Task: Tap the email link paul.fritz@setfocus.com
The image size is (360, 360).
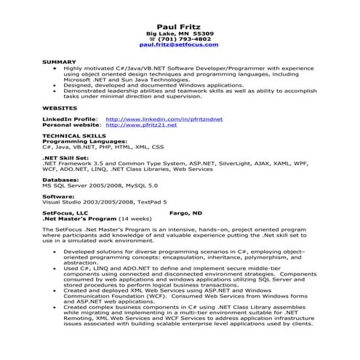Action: [x=179, y=45]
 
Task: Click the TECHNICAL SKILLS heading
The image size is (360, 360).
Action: [x=72, y=135]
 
